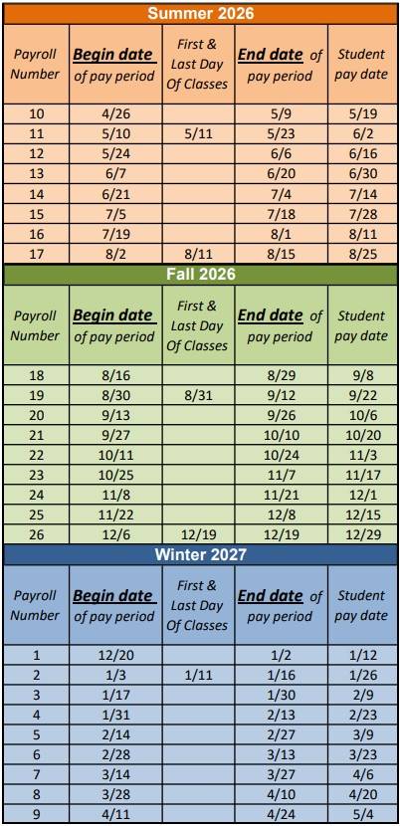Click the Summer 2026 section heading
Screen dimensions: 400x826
point(200,13)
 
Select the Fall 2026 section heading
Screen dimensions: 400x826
point(200,274)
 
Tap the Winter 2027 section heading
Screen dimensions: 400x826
point(200,553)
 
